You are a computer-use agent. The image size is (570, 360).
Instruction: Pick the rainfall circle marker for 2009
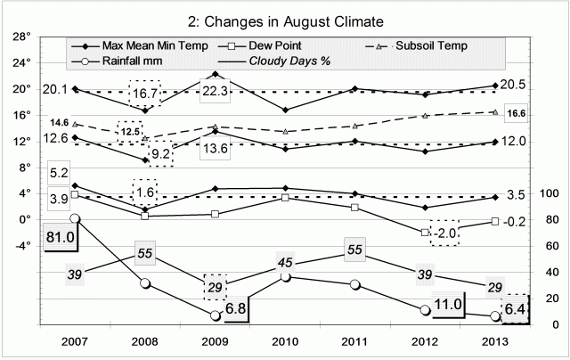[x=216, y=315]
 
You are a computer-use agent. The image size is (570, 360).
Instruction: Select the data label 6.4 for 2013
[x=516, y=307]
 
